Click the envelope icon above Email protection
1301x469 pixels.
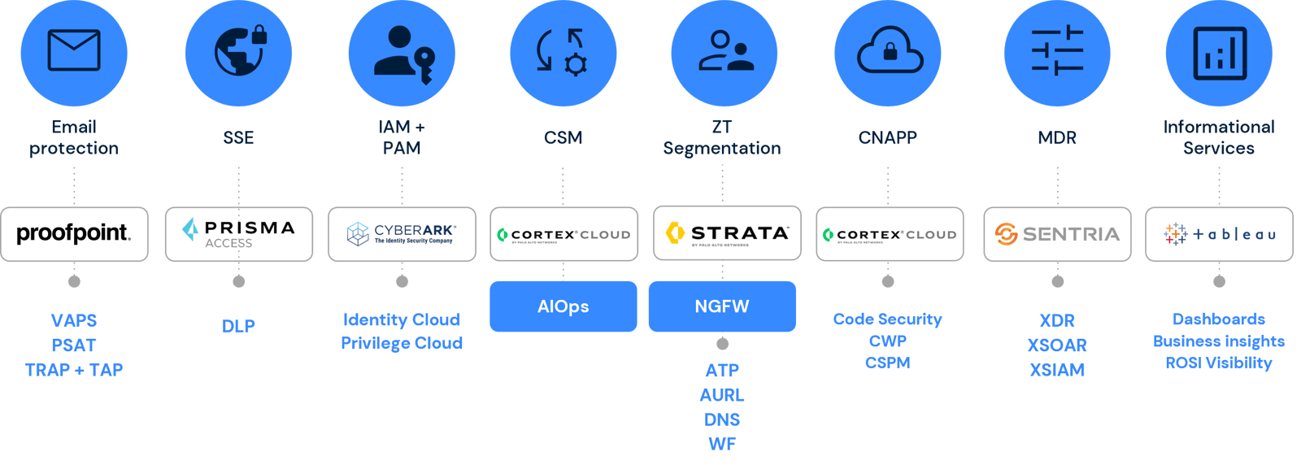(x=74, y=50)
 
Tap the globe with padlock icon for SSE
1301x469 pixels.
(x=239, y=50)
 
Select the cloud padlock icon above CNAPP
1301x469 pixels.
(x=889, y=52)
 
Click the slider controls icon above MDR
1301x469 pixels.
(x=1057, y=52)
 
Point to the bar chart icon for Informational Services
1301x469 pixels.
(x=1219, y=54)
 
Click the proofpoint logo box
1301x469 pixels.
(x=74, y=234)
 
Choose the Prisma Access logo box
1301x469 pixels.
(x=239, y=234)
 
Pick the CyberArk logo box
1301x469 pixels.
(x=402, y=234)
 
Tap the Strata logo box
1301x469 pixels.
(x=727, y=233)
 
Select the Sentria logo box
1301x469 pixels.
(x=1057, y=234)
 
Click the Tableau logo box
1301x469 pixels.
(x=1219, y=234)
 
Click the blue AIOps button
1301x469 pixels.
(x=563, y=306)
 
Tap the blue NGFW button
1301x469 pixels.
(x=722, y=306)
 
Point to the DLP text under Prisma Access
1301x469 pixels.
(x=239, y=327)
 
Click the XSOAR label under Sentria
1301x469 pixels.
(x=1057, y=345)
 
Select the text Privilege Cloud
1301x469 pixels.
(x=402, y=344)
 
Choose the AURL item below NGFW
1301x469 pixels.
(x=722, y=395)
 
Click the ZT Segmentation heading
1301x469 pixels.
(x=722, y=137)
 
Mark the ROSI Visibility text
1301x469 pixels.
(x=1219, y=363)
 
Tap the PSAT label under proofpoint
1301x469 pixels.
(x=74, y=345)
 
